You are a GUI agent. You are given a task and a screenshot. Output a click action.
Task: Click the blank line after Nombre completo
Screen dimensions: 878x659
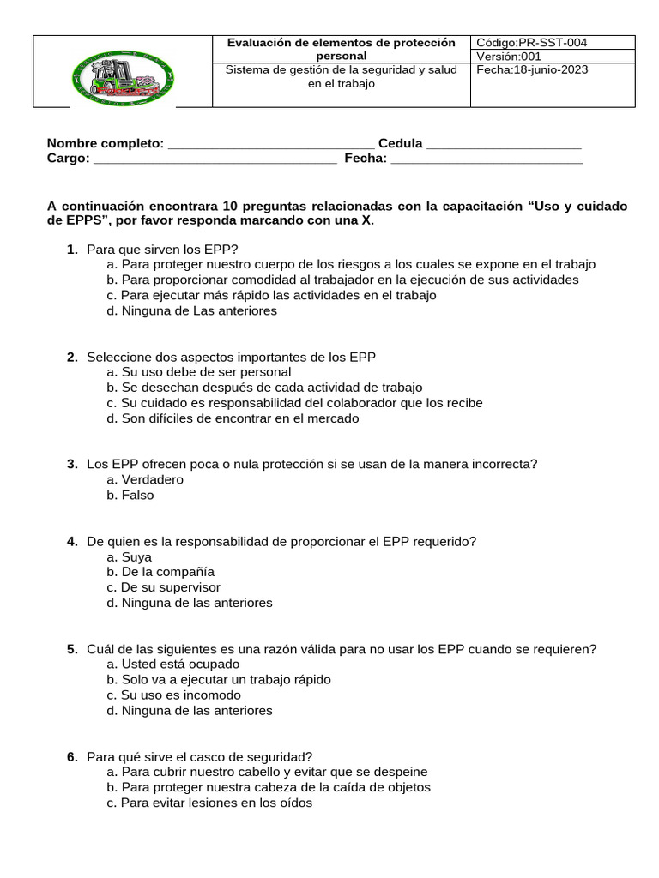(270, 144)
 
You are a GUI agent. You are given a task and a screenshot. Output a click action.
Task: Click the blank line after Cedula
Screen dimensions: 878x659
(504, 144)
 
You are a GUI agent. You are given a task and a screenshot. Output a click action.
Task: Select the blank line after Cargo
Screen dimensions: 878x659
(215, 159)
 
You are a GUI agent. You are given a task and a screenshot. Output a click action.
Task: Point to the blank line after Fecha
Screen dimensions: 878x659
(487, 159)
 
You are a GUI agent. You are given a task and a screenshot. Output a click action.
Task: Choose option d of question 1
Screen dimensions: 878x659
(192, 311)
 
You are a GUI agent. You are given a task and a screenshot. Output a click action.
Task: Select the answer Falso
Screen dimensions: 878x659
(130, 496)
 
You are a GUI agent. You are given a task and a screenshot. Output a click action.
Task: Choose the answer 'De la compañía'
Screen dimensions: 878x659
(160, 572)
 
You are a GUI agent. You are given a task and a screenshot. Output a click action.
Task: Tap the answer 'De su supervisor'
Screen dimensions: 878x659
(164, 587)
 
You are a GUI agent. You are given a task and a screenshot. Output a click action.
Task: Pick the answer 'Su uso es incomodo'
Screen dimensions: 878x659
(174, 695)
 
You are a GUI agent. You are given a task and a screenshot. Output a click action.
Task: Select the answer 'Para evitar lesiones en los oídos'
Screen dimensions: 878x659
(209, 803)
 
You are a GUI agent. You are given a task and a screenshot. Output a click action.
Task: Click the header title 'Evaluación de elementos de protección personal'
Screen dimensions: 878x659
(341, 49)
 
